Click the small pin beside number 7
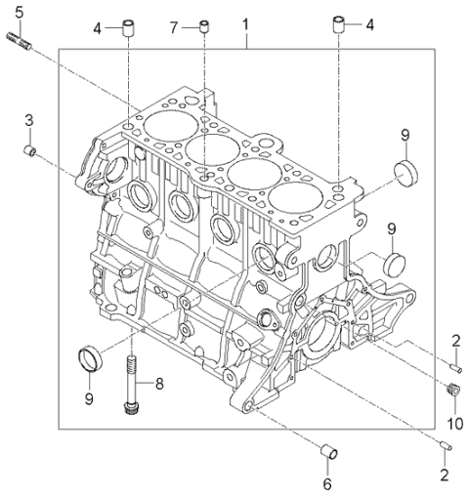point(204,25)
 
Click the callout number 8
point(160,383)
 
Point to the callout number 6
point(327,481)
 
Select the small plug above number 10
point(451,392)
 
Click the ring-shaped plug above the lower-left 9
point(89,357)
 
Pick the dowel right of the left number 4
point(127,25)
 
